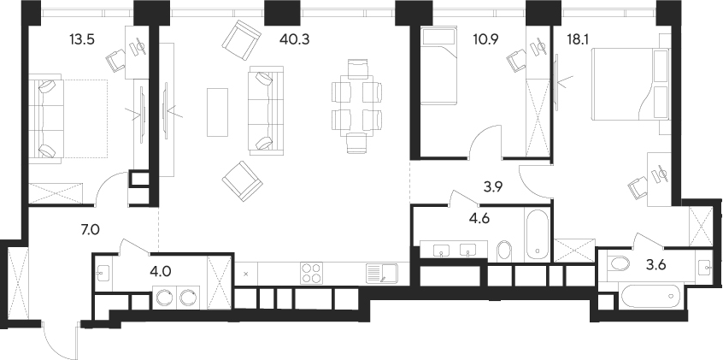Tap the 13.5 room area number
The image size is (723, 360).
[81, 37]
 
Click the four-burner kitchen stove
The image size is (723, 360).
[312, 273]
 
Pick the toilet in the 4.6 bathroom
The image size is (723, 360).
[503, 250]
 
